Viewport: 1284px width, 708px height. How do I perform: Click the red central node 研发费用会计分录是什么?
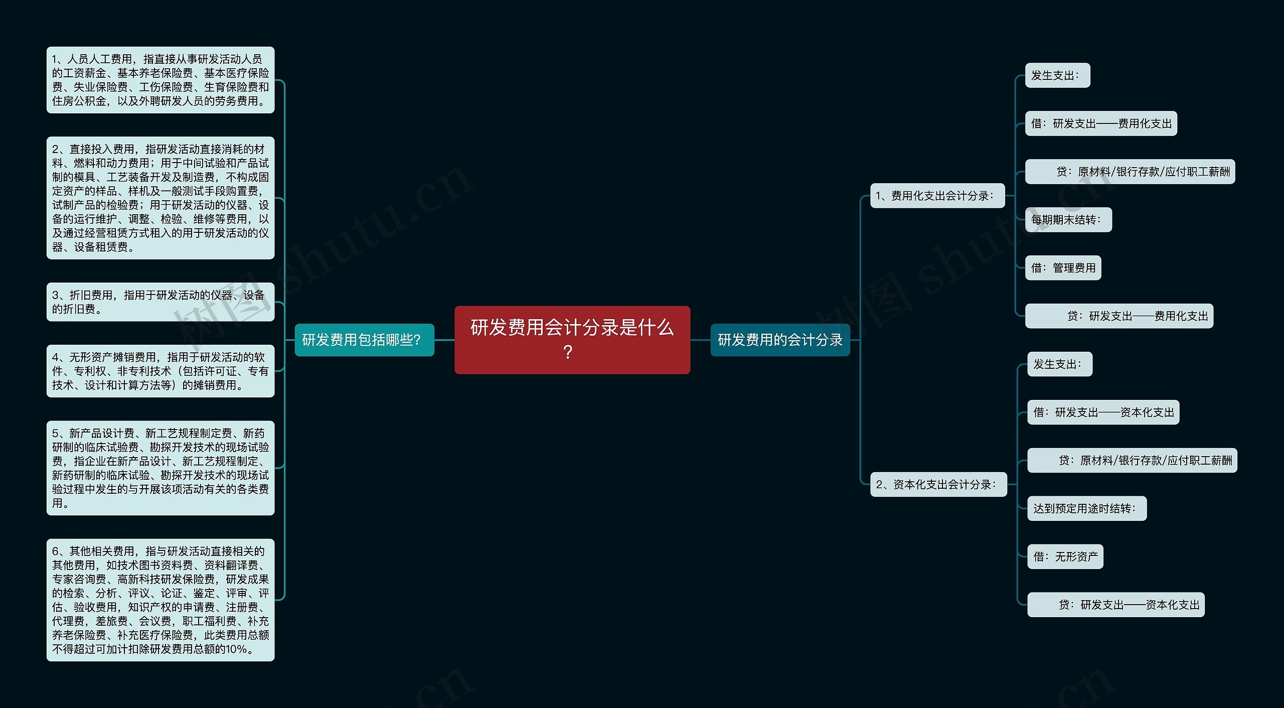pos(572,340)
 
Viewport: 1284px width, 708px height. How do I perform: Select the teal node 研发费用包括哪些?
pos(364,340)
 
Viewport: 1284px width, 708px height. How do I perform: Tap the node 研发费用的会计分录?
pos(780,340)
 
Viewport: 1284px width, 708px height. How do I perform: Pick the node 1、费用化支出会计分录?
pos(937,196)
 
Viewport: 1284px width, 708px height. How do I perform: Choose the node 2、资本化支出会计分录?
pos(938,484)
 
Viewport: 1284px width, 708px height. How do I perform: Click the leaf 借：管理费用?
pos(1063,268)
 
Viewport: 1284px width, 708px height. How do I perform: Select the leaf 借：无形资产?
pos(1065,556)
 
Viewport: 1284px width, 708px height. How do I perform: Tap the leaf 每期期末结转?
pos(1068,220)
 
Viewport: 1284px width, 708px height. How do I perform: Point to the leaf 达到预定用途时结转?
pos(1086,508)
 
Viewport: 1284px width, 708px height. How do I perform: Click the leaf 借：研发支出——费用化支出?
pos(1101,123)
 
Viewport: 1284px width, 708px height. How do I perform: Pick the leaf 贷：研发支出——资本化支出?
pos(1115,605)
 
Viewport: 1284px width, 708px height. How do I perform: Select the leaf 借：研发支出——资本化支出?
pos(1103,412)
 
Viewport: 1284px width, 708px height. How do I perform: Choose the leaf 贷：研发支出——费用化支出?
pos(1119,316)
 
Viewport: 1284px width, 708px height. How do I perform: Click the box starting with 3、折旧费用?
pos(160,302)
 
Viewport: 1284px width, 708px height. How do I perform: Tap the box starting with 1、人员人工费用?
pos(160,80)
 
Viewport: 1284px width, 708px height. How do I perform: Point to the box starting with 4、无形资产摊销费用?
pos(160,371)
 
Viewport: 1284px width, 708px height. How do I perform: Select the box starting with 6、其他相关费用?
pos(160,600)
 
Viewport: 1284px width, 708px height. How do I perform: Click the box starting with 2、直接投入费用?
pos(160,198)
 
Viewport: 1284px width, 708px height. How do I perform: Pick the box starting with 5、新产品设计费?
pos(160,468)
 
